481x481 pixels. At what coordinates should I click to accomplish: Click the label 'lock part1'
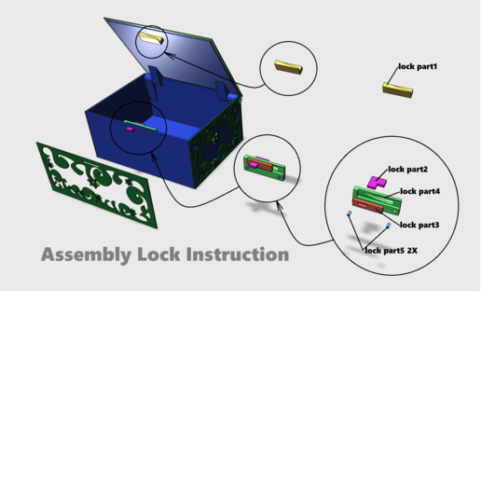pos(417,67)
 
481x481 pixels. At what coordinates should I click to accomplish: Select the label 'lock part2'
pos(407,170)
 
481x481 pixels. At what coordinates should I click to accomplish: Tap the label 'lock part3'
pos(419,225)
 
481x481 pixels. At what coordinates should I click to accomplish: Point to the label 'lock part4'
pos(419,191)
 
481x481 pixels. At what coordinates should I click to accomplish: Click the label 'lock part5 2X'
pos(392,250)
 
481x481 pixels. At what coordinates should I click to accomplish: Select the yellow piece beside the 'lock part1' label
pos(397,89)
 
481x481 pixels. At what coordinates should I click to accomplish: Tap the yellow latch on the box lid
pos(152,39)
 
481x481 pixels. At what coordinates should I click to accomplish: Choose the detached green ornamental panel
pos(97,184)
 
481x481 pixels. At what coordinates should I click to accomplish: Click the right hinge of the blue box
pos(227,91)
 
